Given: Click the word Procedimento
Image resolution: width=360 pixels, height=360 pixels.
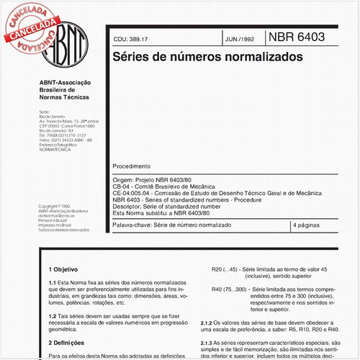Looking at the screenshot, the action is coord(132,165).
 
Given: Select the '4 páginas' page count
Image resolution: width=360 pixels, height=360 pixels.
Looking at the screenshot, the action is coord(309,225).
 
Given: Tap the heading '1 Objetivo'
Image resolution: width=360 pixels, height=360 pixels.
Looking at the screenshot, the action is coord(65,268).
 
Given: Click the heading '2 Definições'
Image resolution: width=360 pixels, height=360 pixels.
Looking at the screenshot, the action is coord(67,344).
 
